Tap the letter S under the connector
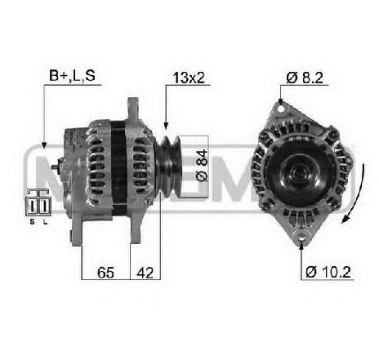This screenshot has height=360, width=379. [x=32, y=221]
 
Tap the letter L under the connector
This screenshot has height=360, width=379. [x=43, y=221]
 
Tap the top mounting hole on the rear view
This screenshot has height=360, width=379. [x=279, y=104]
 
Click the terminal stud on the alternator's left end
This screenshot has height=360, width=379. [x=54, y=168]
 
